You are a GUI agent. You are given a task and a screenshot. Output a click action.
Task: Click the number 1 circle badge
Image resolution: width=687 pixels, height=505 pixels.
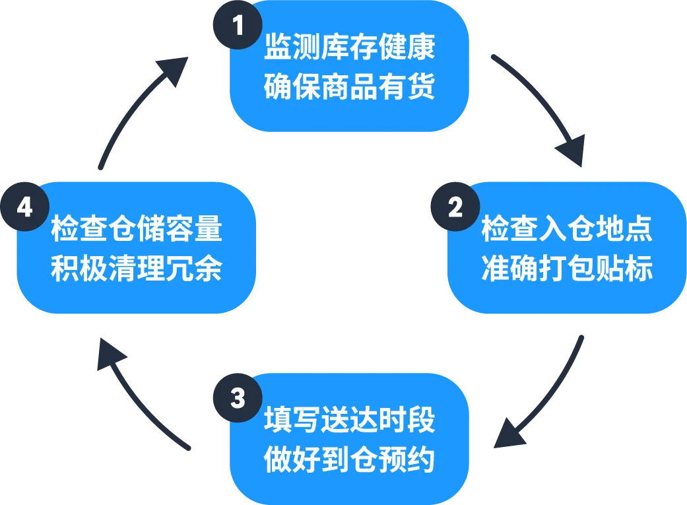(236, 26)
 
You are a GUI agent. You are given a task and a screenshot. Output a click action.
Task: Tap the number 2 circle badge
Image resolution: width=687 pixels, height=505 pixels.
(455, 207)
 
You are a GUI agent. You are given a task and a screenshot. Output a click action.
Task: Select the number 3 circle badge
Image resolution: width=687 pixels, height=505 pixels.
(238, 399)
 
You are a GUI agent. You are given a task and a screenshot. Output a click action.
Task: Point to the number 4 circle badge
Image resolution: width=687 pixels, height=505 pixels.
(24, 207)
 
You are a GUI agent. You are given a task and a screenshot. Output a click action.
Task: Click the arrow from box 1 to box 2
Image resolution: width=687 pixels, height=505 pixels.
(538, 109)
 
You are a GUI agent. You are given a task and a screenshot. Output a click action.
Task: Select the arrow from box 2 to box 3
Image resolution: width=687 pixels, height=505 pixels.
(539, 393)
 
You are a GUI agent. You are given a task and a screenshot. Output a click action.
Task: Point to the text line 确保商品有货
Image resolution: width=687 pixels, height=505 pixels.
(349, 87)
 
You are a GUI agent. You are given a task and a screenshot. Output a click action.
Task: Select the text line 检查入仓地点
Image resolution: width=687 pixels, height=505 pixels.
(567, 228)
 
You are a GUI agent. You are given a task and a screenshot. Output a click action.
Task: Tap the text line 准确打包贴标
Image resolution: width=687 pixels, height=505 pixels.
(567, 269)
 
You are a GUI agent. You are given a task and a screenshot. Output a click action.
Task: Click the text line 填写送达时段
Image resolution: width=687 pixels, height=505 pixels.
(349, 421)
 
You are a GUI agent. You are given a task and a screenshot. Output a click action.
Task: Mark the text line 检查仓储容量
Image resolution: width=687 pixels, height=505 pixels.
(137, 228)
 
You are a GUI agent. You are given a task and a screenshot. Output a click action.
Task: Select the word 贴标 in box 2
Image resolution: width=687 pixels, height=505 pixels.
(632, 269)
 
